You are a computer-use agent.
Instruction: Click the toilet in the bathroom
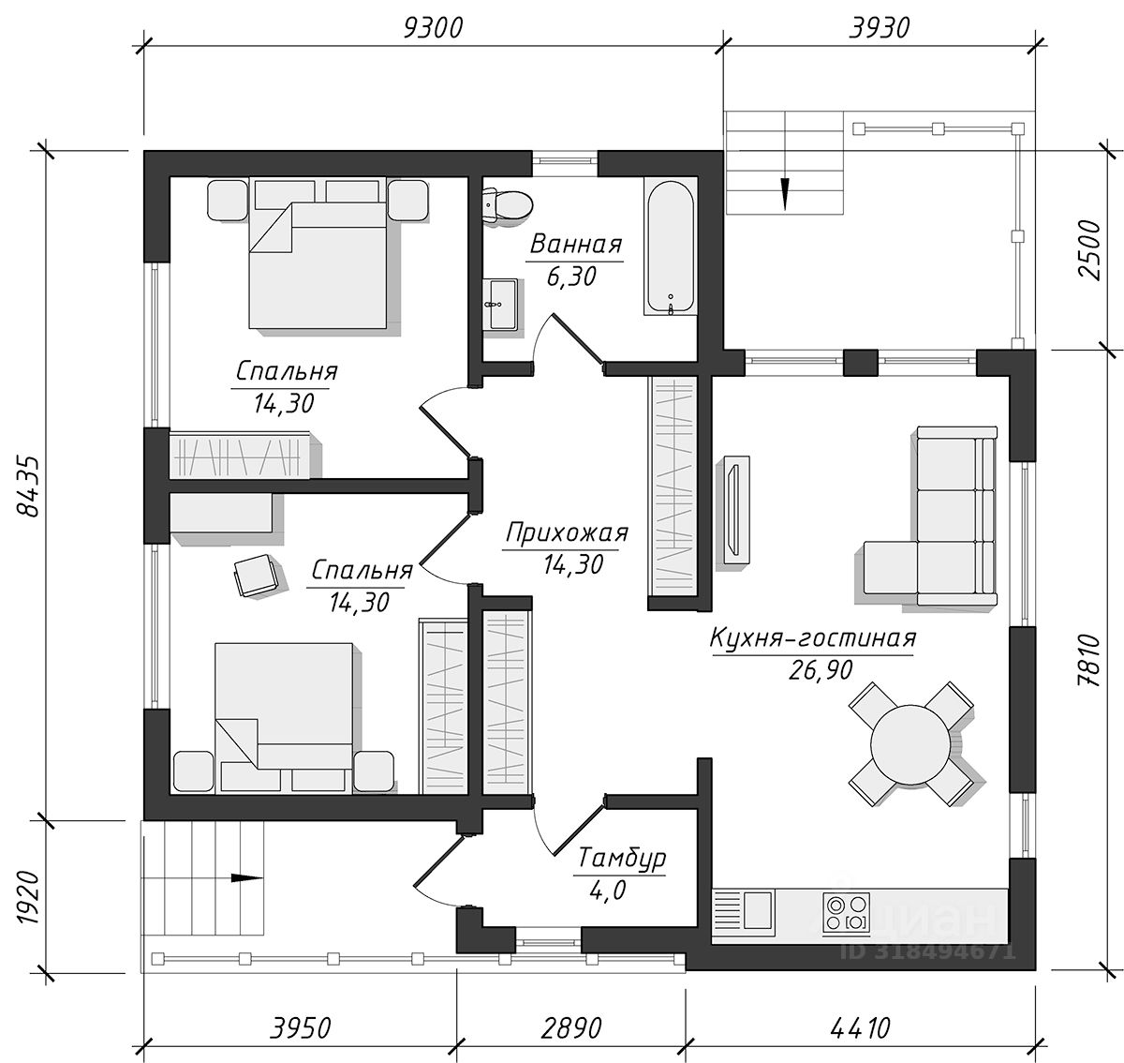[x=508, y=204]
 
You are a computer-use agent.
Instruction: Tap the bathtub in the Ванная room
[x=670, y=247]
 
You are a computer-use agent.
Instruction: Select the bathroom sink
[x=500, y=304]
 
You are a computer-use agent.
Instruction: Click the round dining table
[x=910, y=744]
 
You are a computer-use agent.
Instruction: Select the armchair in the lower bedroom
[x=256, y=575]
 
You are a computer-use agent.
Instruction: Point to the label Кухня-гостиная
[x=813, y=638]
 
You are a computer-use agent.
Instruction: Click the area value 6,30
[x=571, y=277]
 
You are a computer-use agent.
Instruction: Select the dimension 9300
[x=433, y=28]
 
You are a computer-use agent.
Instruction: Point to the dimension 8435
[x=28, y=486]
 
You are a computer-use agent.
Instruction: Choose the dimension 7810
[x=1090, y=661]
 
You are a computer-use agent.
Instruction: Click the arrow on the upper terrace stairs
[x=784, y=193]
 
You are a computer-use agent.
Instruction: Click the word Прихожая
[x=567, y=533]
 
